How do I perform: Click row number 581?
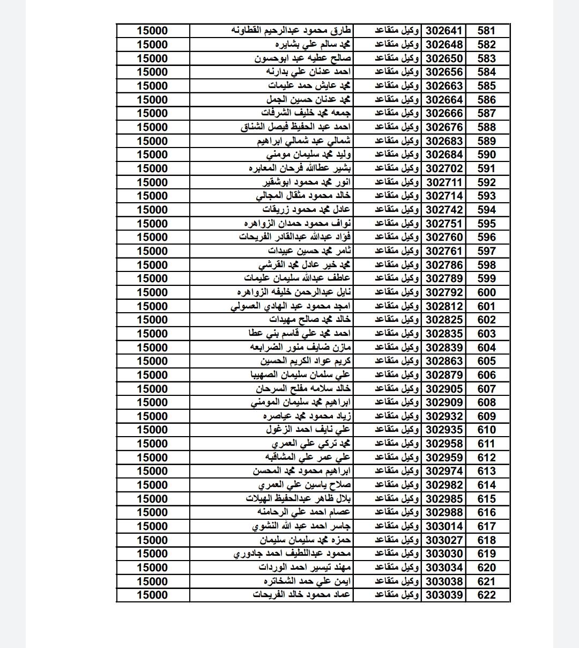pyautogui.click(x=486, y=31)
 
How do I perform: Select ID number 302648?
pyautogui.click(x=444, y=45)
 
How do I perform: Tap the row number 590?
pyautogui.click(x=486, y=154)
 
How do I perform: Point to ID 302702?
pyautogui.click(x=444, y=168)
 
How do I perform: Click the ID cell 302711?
pyautogui.click(x=444, y=182)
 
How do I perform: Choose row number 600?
pyautogui.click(x=486, y=292)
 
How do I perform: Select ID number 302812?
pyautogui.click(x=444, y=306)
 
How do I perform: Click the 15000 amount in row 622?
pyautogui.click(x=152, y=595)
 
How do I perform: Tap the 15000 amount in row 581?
pyautogui.click(x=152, y=31)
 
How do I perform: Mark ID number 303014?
pyautogui.click(x=444, y=526)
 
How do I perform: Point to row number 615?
pyautogui.click(x=486, y=499)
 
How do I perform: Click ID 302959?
pyautogui.click(x=444, y=458)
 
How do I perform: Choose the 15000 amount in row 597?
pyautogui.click(x=152, y=251)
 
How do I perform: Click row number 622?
pyautogui.click(x=486, y=595)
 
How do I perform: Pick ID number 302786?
pyautogui.click(x=444, y=265)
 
